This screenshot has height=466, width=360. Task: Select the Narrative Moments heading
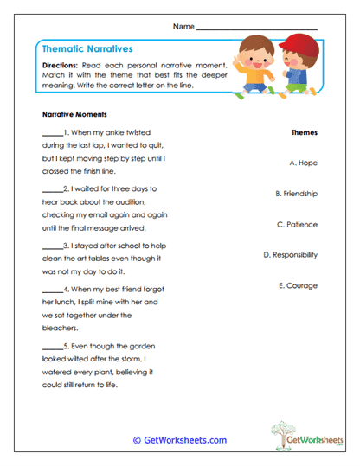74,114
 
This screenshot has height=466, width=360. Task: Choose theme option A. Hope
303,162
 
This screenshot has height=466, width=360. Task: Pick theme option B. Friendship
296,194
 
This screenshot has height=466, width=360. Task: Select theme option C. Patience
297,224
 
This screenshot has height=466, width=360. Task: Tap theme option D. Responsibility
290,255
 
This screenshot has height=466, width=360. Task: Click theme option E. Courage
298,285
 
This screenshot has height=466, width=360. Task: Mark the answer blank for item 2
52,188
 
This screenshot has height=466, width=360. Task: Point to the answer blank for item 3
52,246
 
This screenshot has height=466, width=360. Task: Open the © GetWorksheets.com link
179,440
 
